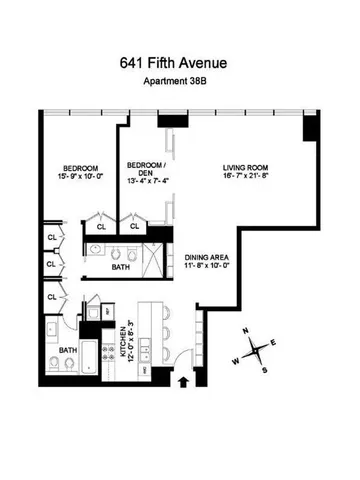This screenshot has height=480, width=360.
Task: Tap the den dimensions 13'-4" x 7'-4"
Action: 143,180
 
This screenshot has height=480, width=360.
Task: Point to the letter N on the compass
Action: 247,333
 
